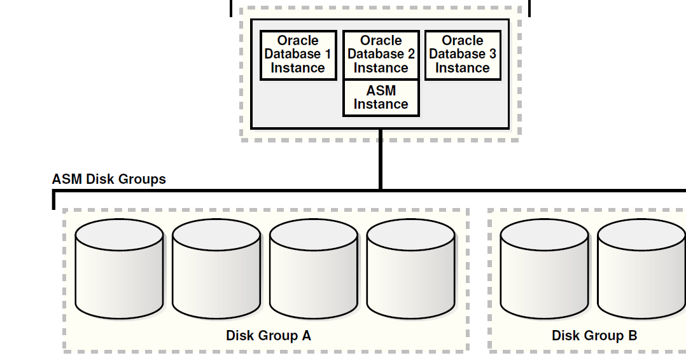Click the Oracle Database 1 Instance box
pyautogui.click(x=298, y=55)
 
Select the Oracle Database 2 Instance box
pyautogui.click(x=381, y=55)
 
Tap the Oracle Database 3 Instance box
pyautogui.click(x=463, y=55)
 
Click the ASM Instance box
pyautogui.click(x=381, y=97)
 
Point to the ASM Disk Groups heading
pyautogui.click(x=109, y=179)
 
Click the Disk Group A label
pyautogui.click(x=268, y=335)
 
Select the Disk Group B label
pyautogui.click(x=594, y=335)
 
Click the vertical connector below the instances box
pyautogui.click(x=381, y=159)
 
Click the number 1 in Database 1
pyautogui.click(x=327, y=55)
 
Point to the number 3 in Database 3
pyautogui.click(x=492, y=55)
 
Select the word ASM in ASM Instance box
pyautogui.click(x=381, y=90)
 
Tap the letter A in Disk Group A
pyautogui.click(x=306, y=335)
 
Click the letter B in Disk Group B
pyautogui.click(x=633, y=335)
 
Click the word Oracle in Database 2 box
pyautogui.click(x=381, y=41)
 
